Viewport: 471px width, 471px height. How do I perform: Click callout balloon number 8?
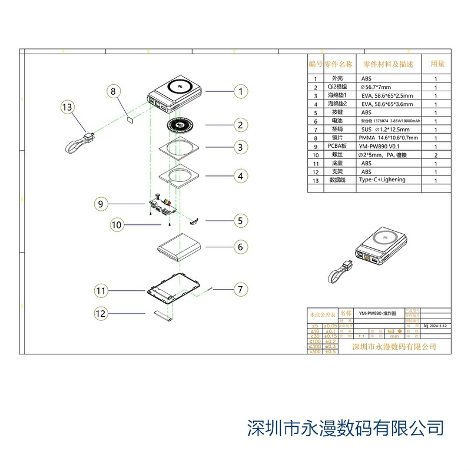(114, 91)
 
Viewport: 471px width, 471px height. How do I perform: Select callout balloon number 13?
(68, 107)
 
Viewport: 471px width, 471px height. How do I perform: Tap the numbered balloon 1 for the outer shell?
(240, 91)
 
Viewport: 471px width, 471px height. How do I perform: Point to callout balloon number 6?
(240, 247)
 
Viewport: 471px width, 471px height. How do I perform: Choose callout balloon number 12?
(101, 314)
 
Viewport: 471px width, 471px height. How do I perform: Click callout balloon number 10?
(117, 224)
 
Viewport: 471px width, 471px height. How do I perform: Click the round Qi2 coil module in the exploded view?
(181, 125)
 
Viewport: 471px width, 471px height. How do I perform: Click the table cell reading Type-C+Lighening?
(382, 180)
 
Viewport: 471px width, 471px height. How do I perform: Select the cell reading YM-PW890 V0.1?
(379, 146)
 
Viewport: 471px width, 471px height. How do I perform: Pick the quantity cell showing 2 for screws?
(436, 154)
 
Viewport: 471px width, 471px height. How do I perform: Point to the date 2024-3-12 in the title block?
(439, 325)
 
